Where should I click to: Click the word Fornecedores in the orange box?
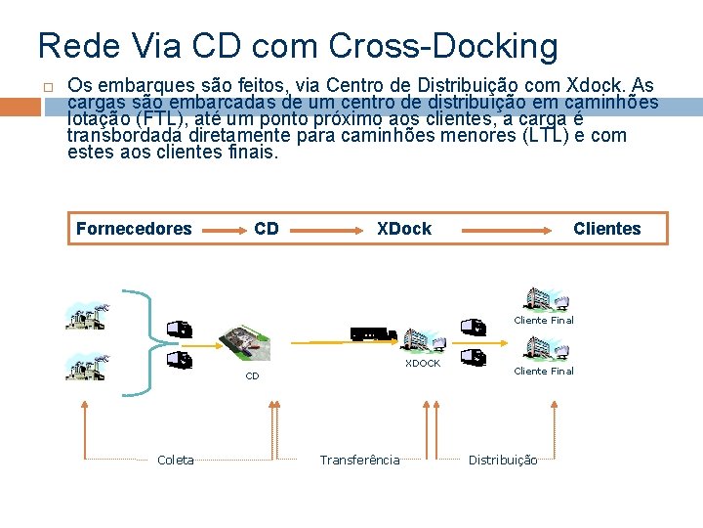click(x=134, y=229)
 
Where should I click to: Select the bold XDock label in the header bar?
click(x=404, y=229)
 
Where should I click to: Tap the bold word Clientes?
click(x=606, y=229)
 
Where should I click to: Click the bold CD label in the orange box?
click(x=267, y=229)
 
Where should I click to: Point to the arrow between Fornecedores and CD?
click(x=223, y=229)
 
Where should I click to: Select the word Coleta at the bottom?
click(x=176, y=460)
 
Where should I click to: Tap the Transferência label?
click(x=359, y=460)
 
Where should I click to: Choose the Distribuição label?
click(x=503, y=460)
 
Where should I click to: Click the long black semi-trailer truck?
click(x=373, y=333)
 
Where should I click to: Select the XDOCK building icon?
click(x=425, y=339)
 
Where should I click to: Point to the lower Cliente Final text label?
click(x=544, y=372)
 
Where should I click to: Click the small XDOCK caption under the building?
click(x=423, y=364)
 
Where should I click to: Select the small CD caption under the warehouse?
click(x=252, y=375)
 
